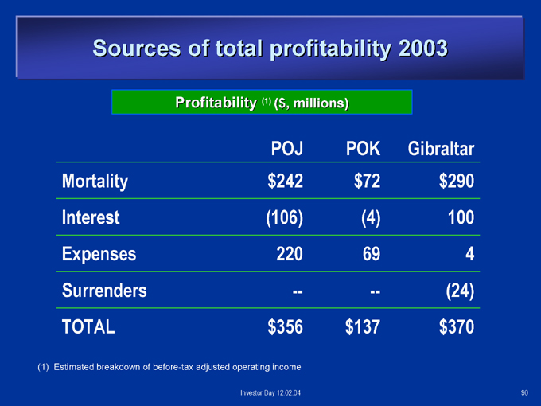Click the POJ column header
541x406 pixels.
coord(287,149)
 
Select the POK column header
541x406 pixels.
coord(363,149)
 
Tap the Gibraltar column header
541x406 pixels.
coord(441,149)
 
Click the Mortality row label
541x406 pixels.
coord(95,182)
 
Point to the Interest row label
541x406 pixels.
coord(91,217)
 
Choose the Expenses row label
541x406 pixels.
coord(99,255)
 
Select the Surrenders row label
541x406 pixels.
coord(104,291)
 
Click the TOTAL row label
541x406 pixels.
coord(88,326)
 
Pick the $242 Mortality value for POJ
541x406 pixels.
coord(286,181)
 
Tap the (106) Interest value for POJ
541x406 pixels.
coord(285,218)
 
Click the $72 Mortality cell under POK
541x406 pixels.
coord(367,181)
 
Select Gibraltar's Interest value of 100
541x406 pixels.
coord(461,217)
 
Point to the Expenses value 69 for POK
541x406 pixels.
coord(372,254)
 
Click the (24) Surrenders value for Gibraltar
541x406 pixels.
coord(461,291)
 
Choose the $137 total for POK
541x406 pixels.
coord(363,326)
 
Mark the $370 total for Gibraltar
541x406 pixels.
coord(457,326)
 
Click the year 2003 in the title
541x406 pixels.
coord(423,48)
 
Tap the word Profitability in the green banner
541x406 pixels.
coord(216,103)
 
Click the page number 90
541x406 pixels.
coord(524,393)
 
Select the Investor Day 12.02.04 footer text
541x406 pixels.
coord(270,393)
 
